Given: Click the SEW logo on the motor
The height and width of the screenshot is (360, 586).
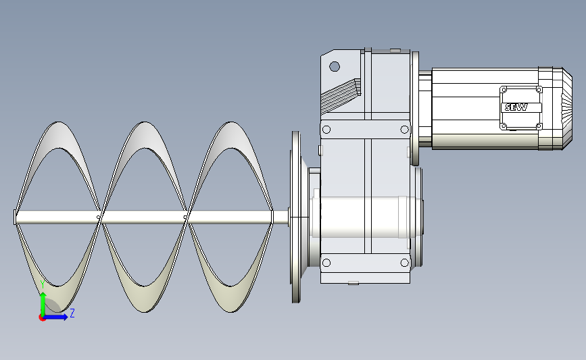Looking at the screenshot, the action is point(516,107).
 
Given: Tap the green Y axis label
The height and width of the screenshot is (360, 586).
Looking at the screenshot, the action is point(43,285).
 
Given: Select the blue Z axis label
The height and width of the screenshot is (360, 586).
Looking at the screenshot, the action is point(72,313).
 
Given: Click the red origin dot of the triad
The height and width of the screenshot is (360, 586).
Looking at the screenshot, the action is point(42,318).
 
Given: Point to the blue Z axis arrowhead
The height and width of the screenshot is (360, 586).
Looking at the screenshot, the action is point(65,317).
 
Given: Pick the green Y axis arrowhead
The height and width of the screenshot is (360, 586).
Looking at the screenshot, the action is point(43,296).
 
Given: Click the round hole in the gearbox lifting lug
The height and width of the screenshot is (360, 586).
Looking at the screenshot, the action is point(335,67).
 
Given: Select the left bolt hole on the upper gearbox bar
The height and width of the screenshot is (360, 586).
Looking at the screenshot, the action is point(326,130).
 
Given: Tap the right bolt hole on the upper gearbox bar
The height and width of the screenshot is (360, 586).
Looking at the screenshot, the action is point(404,130).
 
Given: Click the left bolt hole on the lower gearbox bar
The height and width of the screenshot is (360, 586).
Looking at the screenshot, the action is point(326,263).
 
